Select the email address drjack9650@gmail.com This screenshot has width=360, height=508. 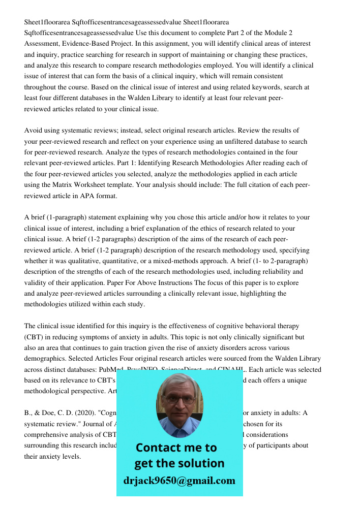[x=179, y=481]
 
